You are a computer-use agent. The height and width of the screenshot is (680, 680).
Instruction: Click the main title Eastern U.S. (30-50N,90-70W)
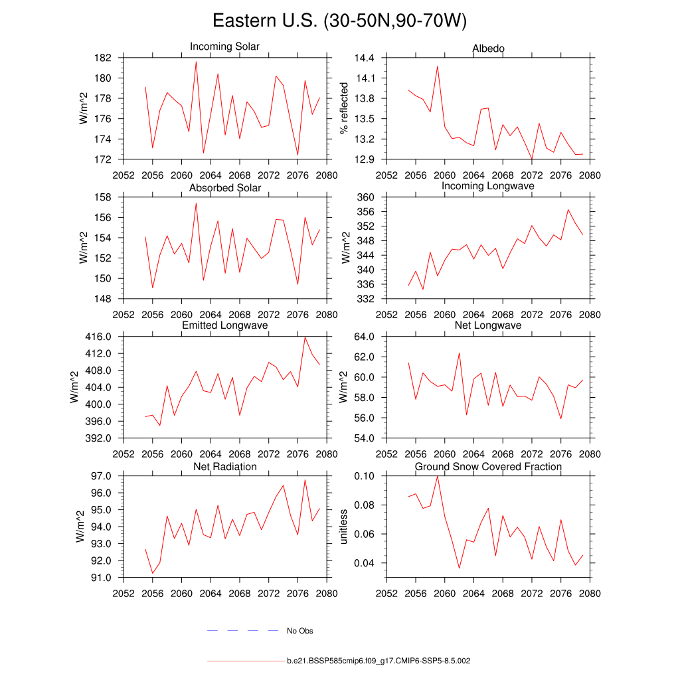coord(340,21)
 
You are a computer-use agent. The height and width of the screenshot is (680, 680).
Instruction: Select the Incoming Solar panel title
coord(224,47)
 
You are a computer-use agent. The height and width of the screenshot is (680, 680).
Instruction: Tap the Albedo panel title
coord(488,48)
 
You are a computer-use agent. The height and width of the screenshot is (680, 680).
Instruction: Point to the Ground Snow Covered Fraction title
coord(488,467)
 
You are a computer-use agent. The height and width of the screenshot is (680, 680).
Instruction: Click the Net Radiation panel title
coord(224,467)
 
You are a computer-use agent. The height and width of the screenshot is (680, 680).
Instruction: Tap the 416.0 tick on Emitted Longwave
coord(98,337)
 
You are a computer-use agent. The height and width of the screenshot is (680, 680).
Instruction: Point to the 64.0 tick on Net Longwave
coord(365,337)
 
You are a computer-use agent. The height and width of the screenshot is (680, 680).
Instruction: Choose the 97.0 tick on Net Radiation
coord(100,476)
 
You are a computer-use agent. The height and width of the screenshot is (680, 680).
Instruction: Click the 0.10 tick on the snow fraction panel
coord(365,476)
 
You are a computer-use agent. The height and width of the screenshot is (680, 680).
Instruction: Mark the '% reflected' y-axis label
coord(344,108)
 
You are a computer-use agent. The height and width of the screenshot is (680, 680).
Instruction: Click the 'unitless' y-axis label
coord(344,527)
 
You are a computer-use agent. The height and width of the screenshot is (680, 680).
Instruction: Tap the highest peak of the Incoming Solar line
coord(196,62)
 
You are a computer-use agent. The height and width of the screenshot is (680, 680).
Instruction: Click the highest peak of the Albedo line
coord(438,66)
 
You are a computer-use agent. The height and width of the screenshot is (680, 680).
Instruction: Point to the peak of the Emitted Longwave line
coord(305,337)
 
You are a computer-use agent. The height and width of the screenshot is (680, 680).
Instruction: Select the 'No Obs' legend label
coord(299,631)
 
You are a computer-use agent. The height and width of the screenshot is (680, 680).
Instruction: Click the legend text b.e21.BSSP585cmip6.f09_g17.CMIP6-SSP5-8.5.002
coord(379,661)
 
